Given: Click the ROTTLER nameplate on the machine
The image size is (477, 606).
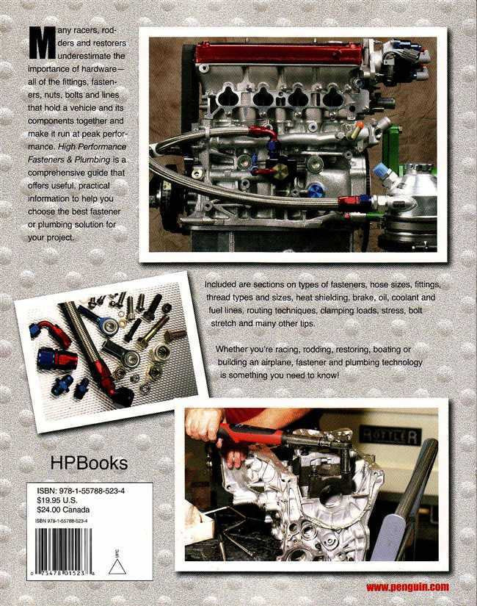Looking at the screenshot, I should (x=389, y=436).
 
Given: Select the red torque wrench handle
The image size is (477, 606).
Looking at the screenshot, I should (x=250, y=435).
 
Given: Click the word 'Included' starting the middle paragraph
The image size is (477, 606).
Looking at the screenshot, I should (x=225, y=283).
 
